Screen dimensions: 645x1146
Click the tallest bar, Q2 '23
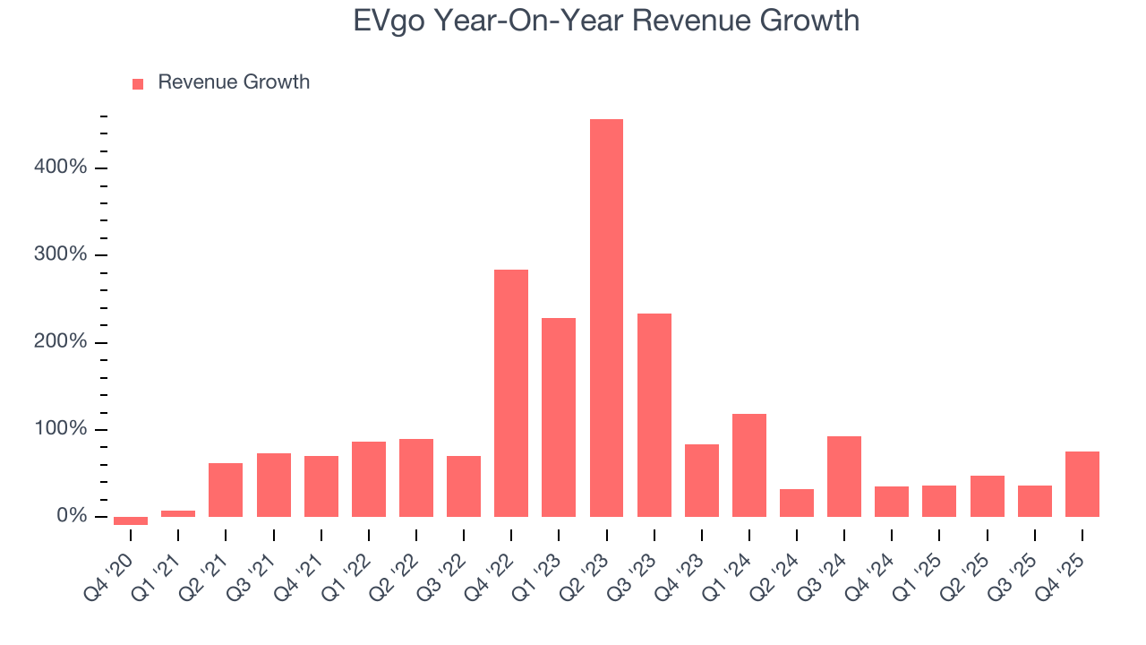(x=606, y=318)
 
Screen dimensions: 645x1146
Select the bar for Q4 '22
(x=511, y=393)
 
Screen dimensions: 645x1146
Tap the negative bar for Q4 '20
(x=131, y=520)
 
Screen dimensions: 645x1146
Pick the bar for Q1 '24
(x=749, y=465)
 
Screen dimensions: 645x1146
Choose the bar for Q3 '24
(x=844, y=477)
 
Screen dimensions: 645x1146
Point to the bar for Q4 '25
(x=1082, y=484)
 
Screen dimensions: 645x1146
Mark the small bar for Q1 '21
(x=178, y=513)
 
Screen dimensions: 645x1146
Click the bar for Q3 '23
(x=654, y=415)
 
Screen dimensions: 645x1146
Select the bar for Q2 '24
(x=797, y=503)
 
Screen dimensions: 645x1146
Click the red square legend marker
(x=138, y=83)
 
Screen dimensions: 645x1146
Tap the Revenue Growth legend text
(x=234, y=82)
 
